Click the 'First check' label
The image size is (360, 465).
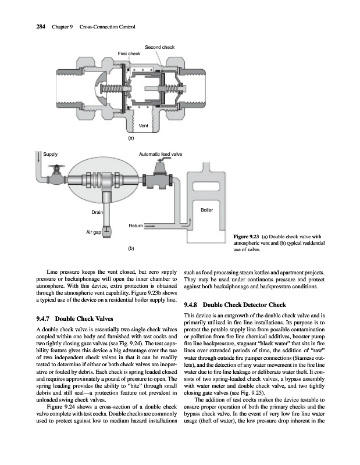click(129, 53)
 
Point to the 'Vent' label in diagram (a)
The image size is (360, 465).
click(144, 126)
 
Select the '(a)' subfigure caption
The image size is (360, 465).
click(131, 138)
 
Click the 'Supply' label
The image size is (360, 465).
click(51, 154)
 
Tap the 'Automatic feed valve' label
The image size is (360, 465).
click(161, 154)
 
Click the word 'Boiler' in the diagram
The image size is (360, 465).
click(206, 209)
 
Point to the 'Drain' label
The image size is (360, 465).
click(97, 213)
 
